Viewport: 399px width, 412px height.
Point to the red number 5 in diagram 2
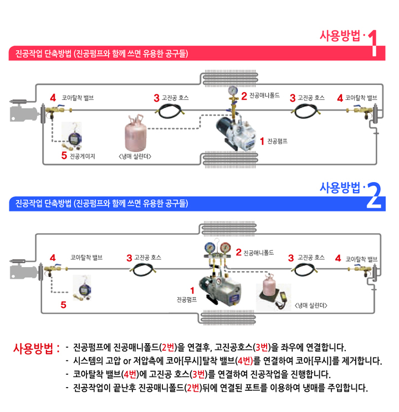63,304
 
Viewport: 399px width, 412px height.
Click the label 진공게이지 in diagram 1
83,157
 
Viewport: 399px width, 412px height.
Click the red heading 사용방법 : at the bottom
36,349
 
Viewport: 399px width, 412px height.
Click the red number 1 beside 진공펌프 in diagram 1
262,141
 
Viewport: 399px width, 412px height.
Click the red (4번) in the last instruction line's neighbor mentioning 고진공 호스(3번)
131,374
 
